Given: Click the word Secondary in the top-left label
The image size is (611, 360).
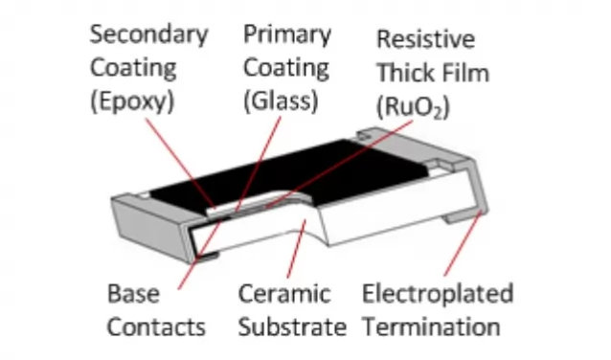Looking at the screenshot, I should (x=147, y=34).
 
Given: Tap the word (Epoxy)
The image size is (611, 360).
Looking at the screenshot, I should (x=131, y=101).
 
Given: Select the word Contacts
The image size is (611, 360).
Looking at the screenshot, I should (x=156, y=326).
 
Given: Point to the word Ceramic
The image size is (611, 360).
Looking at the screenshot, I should (x=283, y=293).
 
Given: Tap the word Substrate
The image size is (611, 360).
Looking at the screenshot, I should (x=292, y=326).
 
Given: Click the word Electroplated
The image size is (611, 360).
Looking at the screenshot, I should (x=438, y=293).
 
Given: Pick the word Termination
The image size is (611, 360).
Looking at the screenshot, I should (x=431, y=326).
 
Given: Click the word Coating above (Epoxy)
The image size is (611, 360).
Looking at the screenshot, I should (x=133, y=68).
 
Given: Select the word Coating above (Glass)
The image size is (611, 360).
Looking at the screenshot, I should (x=284, y=68).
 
